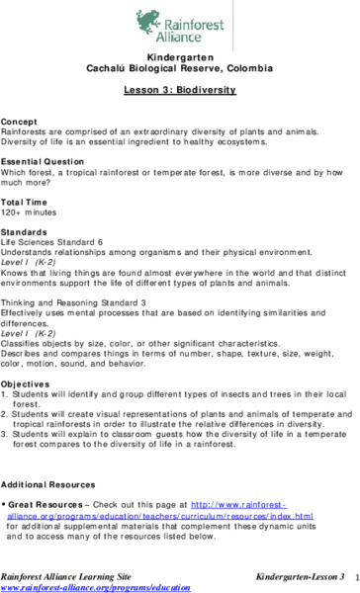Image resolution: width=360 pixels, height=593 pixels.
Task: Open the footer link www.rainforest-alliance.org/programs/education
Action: click(x=95, y=585)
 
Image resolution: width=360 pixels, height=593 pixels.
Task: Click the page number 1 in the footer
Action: click(x=353, y=573)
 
